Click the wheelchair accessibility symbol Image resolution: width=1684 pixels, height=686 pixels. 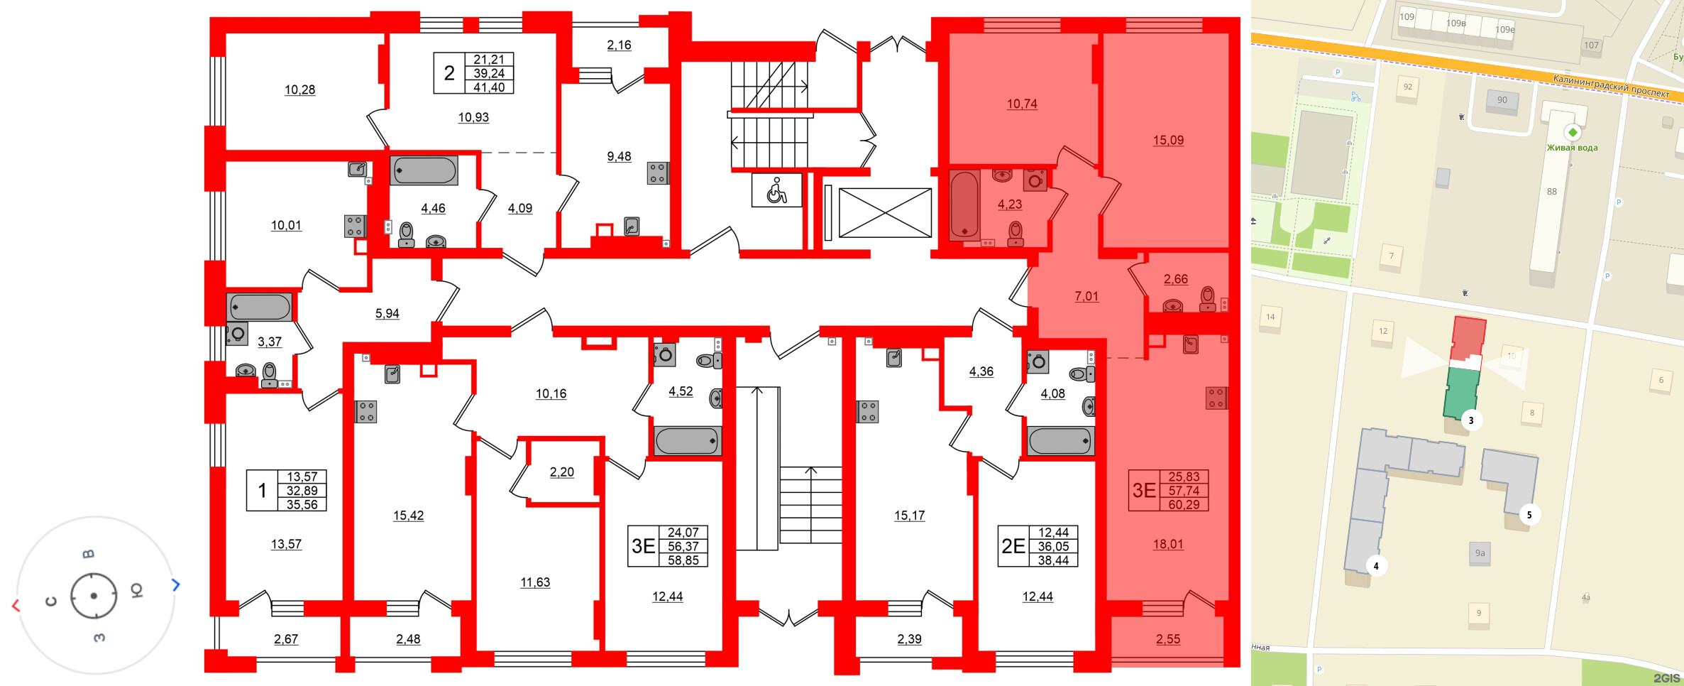tap(776, 191)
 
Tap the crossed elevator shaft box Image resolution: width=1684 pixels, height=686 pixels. tap(885, 213)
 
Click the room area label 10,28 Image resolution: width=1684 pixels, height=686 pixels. tap(299, 90)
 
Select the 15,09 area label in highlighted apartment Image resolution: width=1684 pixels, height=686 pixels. tap(1168, 141)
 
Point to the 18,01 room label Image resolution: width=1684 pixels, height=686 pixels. tap(1168, 545)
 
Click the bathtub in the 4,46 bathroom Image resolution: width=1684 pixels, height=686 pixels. tap(424, 170)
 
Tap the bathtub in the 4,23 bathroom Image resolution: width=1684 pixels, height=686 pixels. tap(964, 204)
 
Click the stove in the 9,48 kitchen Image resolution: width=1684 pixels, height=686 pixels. tap(657, 173)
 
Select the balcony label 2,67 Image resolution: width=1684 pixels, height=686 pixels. tap(286, 639)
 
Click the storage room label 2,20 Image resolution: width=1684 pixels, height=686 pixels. tap(561, 472)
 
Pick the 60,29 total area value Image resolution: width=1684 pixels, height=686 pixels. tap(1184, 505)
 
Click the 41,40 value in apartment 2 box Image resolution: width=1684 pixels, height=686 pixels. tap(489, 87)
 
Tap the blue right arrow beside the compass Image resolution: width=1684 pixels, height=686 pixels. tap(176, 584)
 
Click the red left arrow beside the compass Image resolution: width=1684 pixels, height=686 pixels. tap(16, 606)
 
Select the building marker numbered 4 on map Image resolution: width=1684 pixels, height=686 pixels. tap(1376, 566)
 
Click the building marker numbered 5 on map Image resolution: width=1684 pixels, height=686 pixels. tap(1529, 515)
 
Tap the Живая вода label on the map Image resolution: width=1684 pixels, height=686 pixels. tap(1572, 148)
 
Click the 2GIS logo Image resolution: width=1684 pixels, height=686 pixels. tap(1666, 678)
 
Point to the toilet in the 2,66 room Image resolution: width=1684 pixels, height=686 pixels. tap(1207, 299)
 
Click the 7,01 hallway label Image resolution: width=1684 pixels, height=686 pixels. tap(1086, 297)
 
